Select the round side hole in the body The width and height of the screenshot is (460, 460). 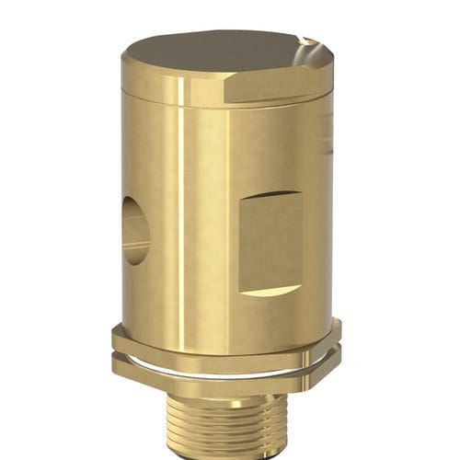[135, 231]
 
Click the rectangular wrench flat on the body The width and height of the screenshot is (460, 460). [271, 241]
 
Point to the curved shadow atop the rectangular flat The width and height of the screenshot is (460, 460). [271, 195]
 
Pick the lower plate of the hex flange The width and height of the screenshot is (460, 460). [221, 377]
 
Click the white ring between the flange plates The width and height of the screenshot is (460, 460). [221, 365]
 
